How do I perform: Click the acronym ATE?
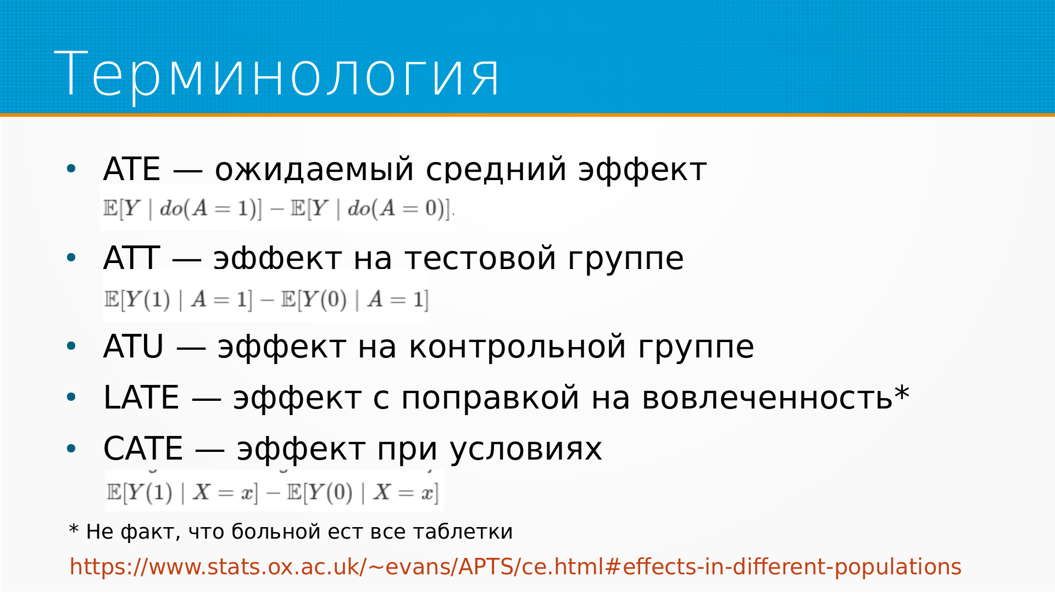point(132,169)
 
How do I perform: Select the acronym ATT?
point(132,258)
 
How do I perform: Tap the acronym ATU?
point(134,347)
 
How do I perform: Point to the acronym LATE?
point(141,398)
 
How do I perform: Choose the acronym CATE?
point(143,449)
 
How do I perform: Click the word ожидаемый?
point(314,170)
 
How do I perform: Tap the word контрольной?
point(518,347)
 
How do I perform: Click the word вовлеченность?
point(767,398)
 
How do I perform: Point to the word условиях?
point(526,450)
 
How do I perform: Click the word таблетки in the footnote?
point(463,532)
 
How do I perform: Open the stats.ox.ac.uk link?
point(515,567)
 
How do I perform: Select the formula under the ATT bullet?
point(266,299)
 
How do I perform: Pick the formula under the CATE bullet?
point(273,492)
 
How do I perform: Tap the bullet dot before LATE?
point(71,397)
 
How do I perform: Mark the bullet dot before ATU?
point(71,346)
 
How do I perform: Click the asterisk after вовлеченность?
point(902,393)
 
